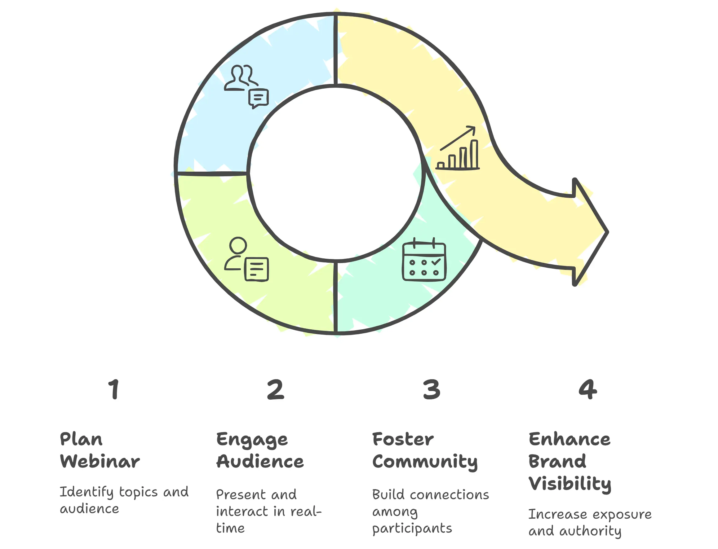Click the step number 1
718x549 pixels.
[114, 389]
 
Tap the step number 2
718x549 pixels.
[275, 389]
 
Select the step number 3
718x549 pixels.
[431, 389]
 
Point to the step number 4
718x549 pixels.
[587, 389]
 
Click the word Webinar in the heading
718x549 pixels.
[100, 461]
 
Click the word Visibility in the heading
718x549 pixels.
[570, 484]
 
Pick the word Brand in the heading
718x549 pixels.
[557, 461]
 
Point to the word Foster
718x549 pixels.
[403, 439]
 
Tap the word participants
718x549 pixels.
[412, 529]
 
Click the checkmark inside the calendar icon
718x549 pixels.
[436, 262]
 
